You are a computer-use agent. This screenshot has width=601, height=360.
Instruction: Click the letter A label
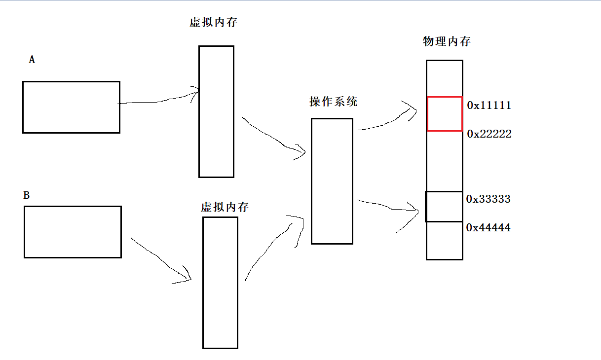pos(32,60)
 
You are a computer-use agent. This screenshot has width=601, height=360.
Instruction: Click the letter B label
pos(27,196)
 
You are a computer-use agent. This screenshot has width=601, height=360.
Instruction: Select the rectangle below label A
pos(71,107)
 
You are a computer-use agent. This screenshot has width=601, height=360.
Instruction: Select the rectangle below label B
pos(73,232)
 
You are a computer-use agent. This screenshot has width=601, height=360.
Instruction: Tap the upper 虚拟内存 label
pos(213,23)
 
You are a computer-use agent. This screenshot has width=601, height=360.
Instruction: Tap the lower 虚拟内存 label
pos(225,207)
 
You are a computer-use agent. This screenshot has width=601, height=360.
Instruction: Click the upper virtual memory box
pos(216,111)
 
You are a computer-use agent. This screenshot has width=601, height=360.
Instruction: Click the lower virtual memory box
pos(220,283)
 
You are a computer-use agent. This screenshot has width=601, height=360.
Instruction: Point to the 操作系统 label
pos(333,102)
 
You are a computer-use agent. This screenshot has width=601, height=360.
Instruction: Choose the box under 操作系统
pos(332,181)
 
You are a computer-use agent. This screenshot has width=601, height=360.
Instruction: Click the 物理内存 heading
pos(447,41)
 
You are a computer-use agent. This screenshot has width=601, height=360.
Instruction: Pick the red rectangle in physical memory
pos(445,114)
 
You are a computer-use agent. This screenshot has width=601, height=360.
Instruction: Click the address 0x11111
pos(489,106)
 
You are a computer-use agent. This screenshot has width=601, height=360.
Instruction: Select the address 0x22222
pos(489,134)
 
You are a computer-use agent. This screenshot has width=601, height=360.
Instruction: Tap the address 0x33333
pos(488,199)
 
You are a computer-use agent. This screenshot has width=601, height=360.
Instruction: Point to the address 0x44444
pos(488,228)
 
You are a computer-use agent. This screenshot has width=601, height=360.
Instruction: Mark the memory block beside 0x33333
pos(444,207)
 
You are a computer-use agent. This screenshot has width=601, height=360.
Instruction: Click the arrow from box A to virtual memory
pos(158,101)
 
